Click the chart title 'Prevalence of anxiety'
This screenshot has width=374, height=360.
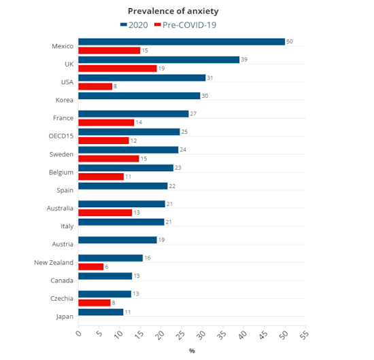pyautogui.click(x=173, y=11)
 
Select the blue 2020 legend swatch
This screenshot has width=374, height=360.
pyautogui.click(x=124, y=24)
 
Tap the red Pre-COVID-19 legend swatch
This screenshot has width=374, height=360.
pyautogui.click(x=158, y=24)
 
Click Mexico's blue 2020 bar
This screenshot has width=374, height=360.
pyautogui.click(x=182, y=41)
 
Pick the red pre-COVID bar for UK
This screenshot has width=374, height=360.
pyautogui.click(x=118, y=69)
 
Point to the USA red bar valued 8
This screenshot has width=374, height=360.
pyautogui.click(x=95, y=86)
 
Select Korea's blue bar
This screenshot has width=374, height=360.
pyautogui.click(x=139, y=96)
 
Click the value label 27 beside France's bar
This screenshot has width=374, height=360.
pyautogui.click(x=193, y=114)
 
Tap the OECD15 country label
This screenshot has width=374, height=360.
pyautogui.click(x=61, y=136)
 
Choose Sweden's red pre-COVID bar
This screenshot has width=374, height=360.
pyautogui.click(x=109, y=159)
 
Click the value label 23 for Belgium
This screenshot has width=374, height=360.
pyautogui.click(x=178, y=168)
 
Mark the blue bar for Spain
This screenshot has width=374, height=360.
pyautogui.click(x=123, y=186)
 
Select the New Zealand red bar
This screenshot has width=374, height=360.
pyautogui.click(x=91, y=267)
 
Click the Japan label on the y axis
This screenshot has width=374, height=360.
pyautogui.click(x=65, y=317)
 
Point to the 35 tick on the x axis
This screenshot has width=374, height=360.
pyautogui.click(x=222, y=334)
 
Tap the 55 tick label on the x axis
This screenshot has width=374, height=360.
pyautogui.click(x=305, y=334)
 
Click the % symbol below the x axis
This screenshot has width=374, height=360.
pyautogui.click(x=192, y=350)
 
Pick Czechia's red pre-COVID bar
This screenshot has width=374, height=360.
pyautogui.click(x=95, y=303)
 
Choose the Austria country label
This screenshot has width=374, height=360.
pyautogui.click(x=63, y=245)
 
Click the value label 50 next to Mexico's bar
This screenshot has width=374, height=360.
pyautogui.click(x=290, y=41)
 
